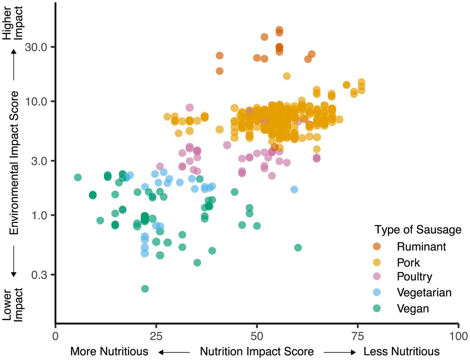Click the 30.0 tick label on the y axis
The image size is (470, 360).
pos(36,47)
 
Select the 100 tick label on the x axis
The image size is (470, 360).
pos(457,336)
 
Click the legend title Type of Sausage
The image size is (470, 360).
pos(417,230)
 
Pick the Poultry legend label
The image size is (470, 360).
pos(414,277)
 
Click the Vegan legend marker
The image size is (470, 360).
pos(377,308)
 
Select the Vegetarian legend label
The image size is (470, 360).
pos(424,293)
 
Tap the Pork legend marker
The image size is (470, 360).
pos(377,262)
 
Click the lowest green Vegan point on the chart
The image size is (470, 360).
pos(145,289)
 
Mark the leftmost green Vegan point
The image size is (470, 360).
pos(78,177)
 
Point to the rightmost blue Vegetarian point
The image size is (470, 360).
pos(294,189)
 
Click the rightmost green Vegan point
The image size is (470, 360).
pos(298,248)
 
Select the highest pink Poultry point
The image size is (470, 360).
pos(190,107)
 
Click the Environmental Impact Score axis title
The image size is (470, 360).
pos(14,163)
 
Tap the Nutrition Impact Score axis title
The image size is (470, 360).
pos(257,351)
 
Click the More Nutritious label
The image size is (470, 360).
pos(109,351)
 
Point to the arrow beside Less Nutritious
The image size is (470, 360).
pos(339,352)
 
